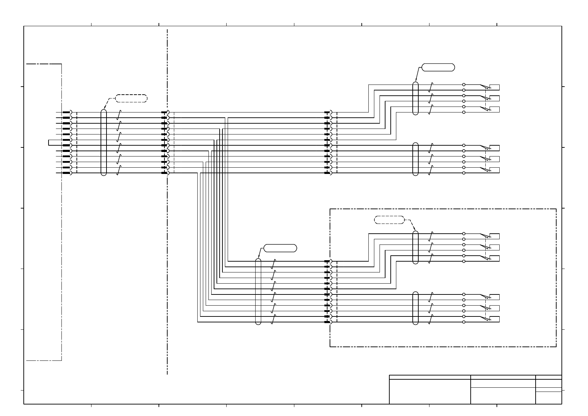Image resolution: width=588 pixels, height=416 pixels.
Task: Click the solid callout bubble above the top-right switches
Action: pyautogui.click(x=438, y=67)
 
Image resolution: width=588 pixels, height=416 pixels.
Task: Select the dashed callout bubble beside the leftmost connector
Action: pyautogui.click(x=131, y=98)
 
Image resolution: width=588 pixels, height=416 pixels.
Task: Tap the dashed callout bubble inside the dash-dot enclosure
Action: pyautogui.click(x=389, y=220)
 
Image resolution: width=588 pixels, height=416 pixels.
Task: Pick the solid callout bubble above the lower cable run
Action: pyautogui.click(x=280, y=248)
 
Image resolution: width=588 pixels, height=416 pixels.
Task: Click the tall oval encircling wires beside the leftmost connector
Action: pyautogui.click(x=103, y=143)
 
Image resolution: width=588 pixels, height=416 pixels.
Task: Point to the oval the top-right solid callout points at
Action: pyautogui.click(x=415, y=98)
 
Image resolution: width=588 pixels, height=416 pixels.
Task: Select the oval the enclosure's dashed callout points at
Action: pyautogui.click(x=415, y=247)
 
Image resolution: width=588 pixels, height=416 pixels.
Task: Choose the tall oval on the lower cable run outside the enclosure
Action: pyautogui.click(x=258, y=291)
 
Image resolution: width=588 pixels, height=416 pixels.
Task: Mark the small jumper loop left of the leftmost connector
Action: pyautogui.click(x=50, y=143)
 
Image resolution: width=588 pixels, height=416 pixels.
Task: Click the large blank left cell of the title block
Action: pyautogui.click(x=429, y=392)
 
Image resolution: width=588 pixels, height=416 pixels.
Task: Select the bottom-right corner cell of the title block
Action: pyautogui.click(x=549, y=398)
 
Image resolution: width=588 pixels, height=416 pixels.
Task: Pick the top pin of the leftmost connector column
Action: pyautogui.click(x=67, y=112)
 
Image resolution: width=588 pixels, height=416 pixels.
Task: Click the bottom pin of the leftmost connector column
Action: pyautogui.click(x=67, y=173)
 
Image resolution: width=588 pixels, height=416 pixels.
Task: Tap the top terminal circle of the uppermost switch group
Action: pyautogui.click(x=464, y=85)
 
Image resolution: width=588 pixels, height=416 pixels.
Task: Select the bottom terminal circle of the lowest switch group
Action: pyautogui.click(x=464, y=322)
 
